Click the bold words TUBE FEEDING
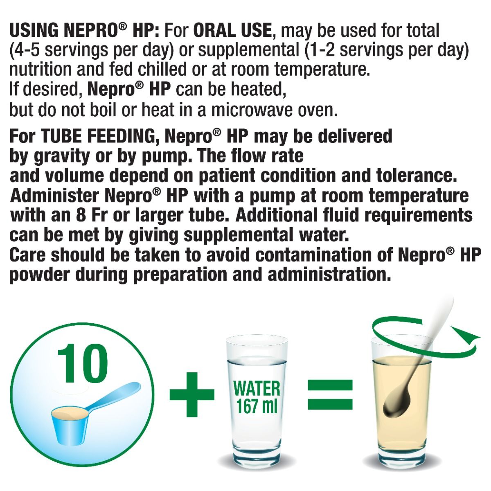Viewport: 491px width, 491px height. coord(100,137)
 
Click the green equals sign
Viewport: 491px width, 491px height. coord(330,394)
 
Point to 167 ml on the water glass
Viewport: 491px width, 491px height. coord(257,406)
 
